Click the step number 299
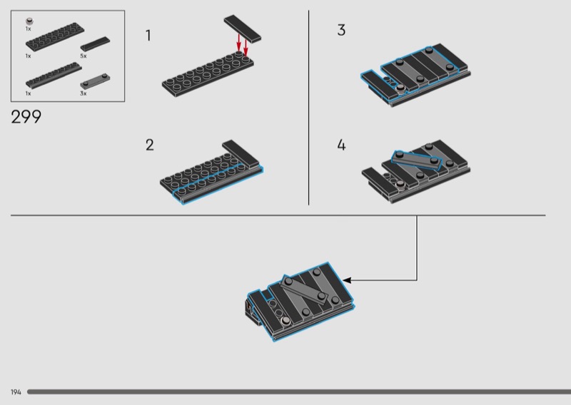(26, 117)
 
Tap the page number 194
(16, 392)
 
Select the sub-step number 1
(148, 36)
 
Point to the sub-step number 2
(150, 145)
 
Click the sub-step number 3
(341, 30)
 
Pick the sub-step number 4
(341, 145)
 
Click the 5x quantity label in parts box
(84, 56)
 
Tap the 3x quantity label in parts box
(84, 93)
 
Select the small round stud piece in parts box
(29, 21)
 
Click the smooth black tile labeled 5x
(95, 44)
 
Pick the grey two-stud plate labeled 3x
(95, 81)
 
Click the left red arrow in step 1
(238, 43)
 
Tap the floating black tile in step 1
(243, 29)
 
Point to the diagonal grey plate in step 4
(417, 160)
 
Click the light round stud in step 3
(400, 88)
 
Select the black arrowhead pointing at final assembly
(347, 280)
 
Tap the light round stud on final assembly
(286, 320)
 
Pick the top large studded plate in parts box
(55, 37)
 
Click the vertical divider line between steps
(309, 108)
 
